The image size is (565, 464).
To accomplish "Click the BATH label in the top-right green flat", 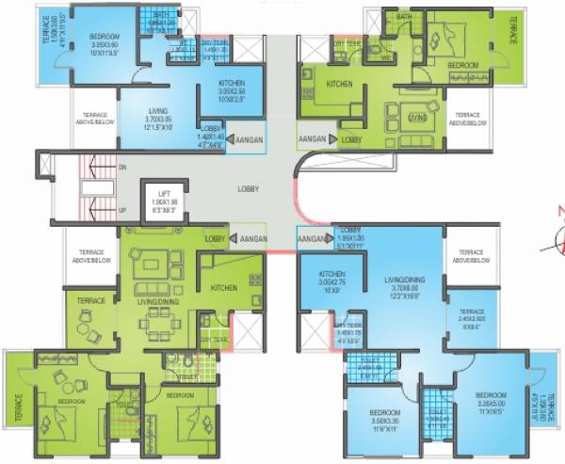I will click(x=405, y=17).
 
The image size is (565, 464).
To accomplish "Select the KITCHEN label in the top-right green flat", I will click(x=338, y=85).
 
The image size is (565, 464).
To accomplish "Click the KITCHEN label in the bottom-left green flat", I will click(x=223, y=288).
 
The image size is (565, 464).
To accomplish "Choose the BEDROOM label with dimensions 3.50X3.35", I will click(x=386, y=413).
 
